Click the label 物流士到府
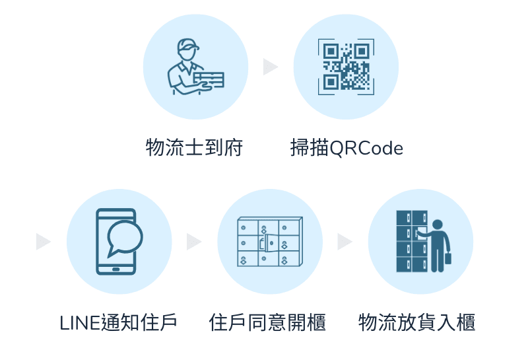point(194,147)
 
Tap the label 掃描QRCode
point(347,148)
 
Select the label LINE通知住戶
point(119,322)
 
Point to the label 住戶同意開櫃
point(267,322)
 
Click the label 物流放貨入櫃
point(416,322)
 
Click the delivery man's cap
point(187,45)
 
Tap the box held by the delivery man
point(209,80)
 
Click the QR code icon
point(346,67)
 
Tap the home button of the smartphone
point(116,270)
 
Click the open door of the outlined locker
point(271,242)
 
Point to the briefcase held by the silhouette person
point(448,258)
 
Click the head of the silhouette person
point(438,225)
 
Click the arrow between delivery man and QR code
point(271,67)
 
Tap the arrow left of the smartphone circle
point(44,242)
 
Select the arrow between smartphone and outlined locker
point(194,242)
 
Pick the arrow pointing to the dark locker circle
point(345,242)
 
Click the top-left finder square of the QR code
point(331,52)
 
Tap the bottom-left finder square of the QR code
point(331,82)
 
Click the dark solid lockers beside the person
point(412,241)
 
